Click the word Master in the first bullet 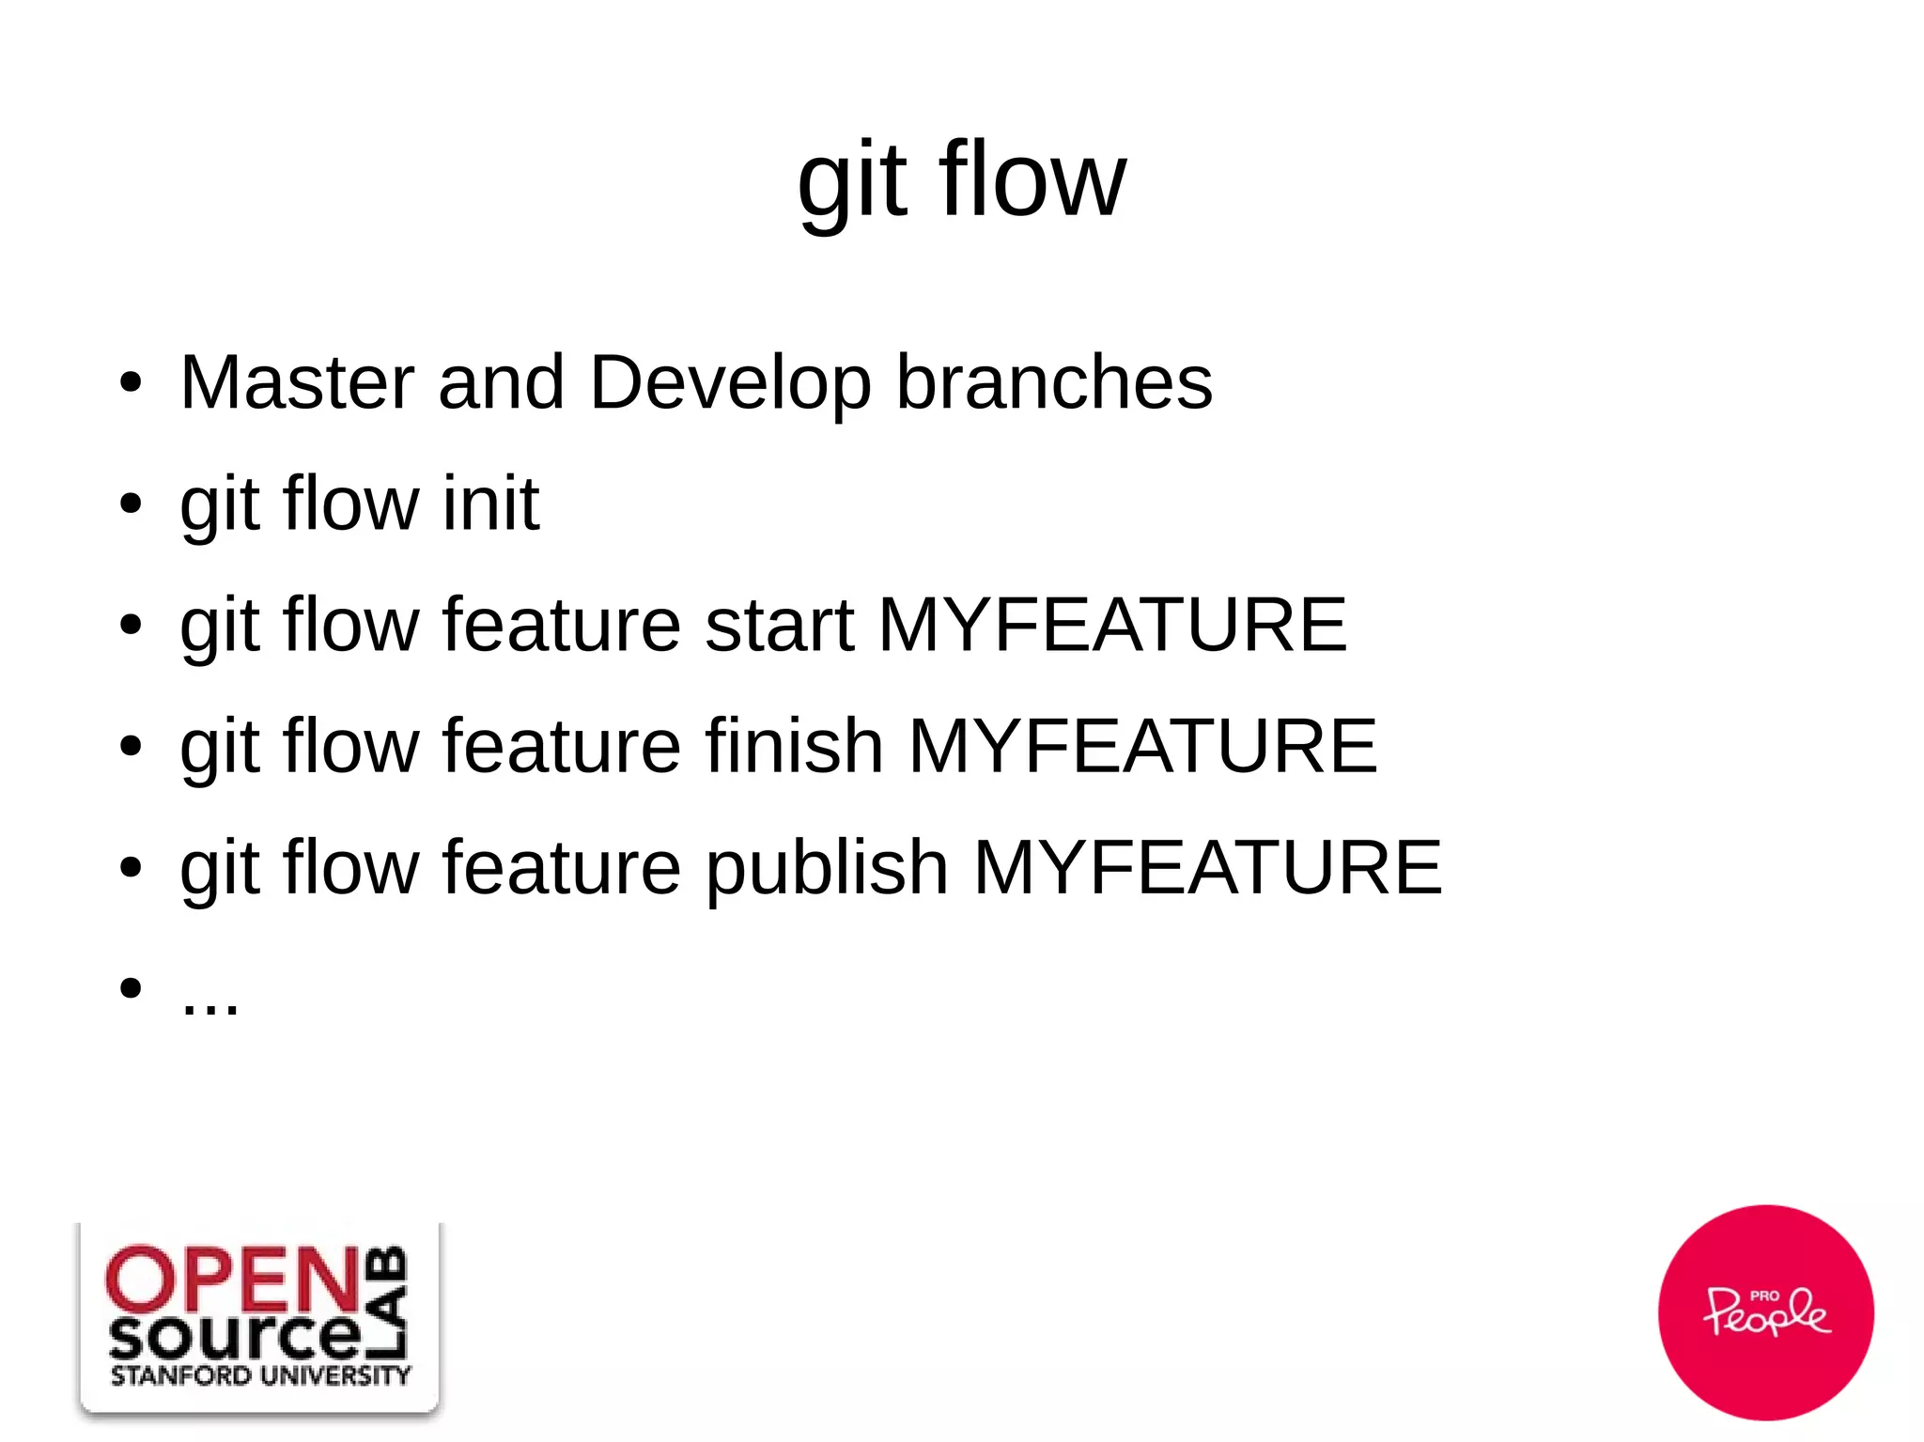[296, 382]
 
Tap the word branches [1054, 382]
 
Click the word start [779, 626]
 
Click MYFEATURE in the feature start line [1112, 625]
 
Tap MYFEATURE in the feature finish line [1142, 746]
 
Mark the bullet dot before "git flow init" [131, 504]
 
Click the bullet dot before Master [131, 383]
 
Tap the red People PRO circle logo [1765, 1311]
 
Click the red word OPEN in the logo [233, 1279]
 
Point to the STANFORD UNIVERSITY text [260, 1376]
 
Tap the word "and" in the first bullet [501, 382]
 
